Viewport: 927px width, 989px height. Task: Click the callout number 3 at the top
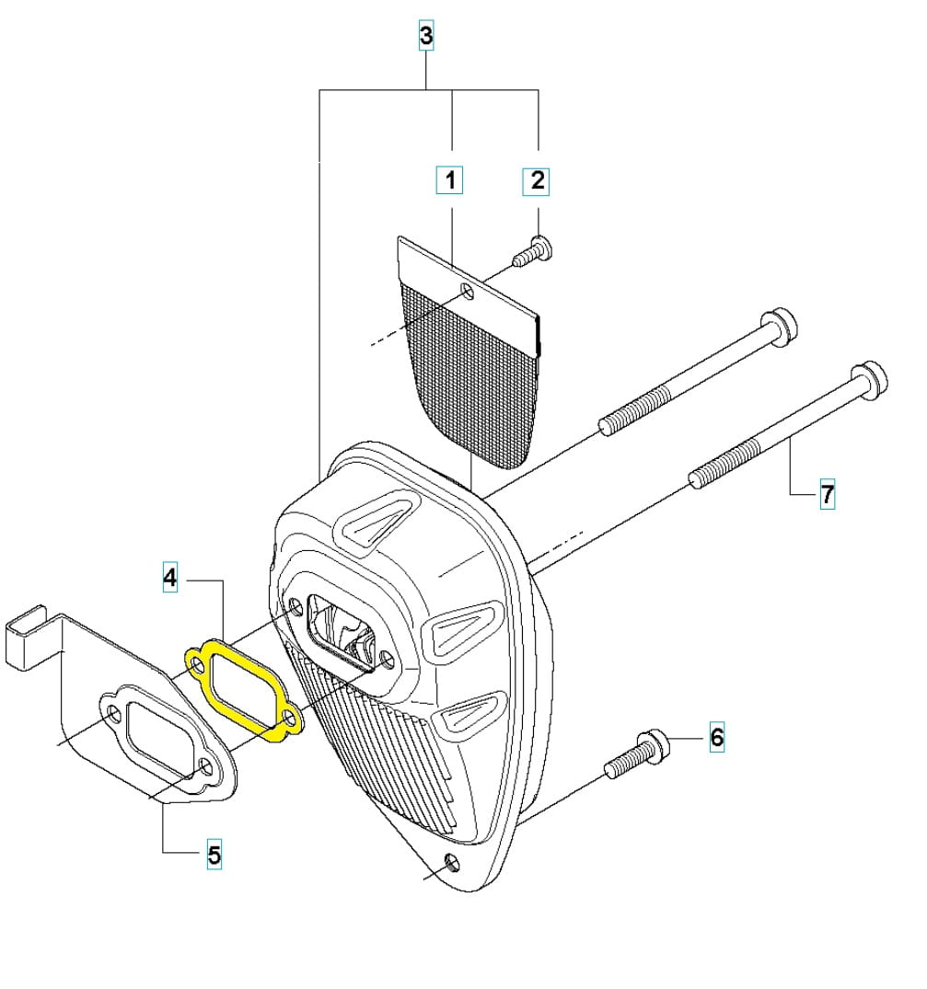[426, 35]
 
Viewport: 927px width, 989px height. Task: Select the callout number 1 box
[450, 180]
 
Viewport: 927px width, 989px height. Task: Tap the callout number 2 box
[537, 181]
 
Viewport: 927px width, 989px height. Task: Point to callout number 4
[169, 577]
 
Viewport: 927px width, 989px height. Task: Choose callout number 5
[214, 855]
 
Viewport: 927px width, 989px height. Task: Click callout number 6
[717, 737]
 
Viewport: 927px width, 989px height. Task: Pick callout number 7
[827, 493]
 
